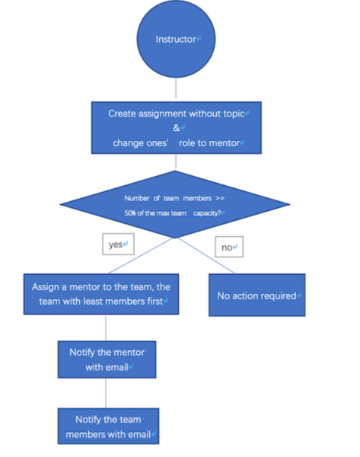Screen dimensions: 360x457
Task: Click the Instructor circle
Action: tap(177, 39)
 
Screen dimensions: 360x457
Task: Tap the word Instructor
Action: tap(176, 39)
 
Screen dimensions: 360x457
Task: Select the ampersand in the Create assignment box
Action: tap(177, 128)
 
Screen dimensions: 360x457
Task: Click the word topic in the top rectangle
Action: tap(234, 113)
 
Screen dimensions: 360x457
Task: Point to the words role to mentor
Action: tap(209, 143)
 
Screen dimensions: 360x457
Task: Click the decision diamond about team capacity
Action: tap(175, 204)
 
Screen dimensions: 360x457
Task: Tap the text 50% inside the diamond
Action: tap(130, 213)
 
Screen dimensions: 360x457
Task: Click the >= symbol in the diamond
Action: tap(220, 198)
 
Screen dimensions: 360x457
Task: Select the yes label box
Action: tap(118, 244)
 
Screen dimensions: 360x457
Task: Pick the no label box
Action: tap(229, 247)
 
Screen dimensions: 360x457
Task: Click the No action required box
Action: tap(257, 295)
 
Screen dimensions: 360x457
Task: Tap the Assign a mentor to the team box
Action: tap(101, 294)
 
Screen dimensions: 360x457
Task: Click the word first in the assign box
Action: tap(155, 301)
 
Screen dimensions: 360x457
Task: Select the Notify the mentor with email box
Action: tap(107, 360)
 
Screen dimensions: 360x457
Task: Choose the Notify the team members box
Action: tap(108, 426)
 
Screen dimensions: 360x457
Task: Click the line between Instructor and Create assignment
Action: tap(176, 88)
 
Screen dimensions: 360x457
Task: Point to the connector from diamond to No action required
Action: tap(206, 256)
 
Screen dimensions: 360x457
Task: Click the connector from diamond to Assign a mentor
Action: tap(141, 256)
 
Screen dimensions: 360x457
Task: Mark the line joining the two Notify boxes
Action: tap(106, 393)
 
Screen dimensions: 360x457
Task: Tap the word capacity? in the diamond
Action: tap(207, 213)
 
